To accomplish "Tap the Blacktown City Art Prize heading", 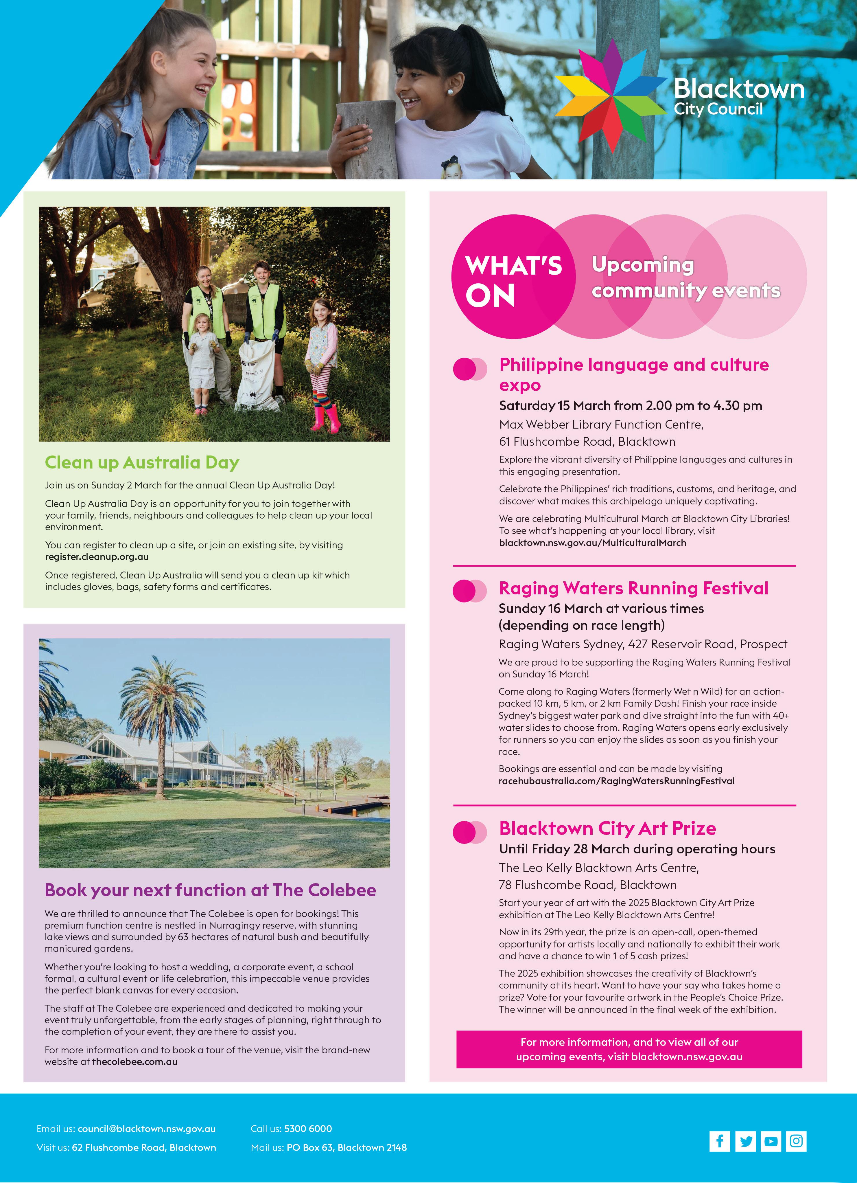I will tap(607, 828).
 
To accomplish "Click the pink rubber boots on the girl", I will tap(326, 418).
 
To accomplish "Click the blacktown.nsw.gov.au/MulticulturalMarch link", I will tap(593, 543).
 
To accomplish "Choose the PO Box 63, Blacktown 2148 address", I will tap(347, 1147).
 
